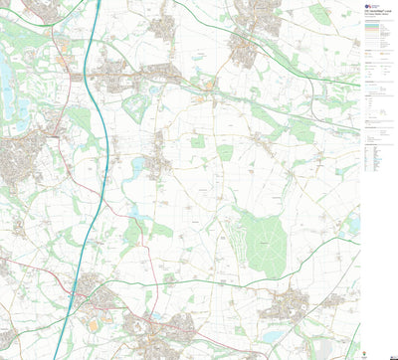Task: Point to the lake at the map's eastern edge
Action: coord(353,225)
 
